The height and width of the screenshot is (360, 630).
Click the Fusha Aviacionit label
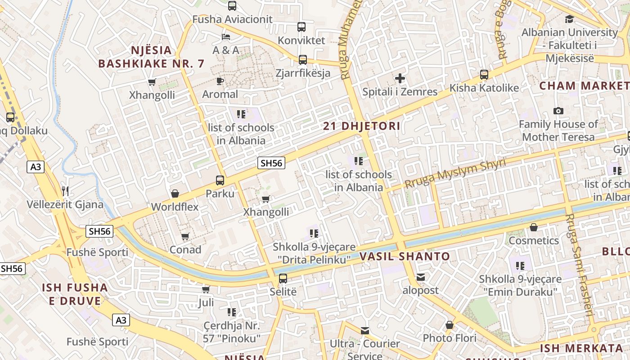point(232,19)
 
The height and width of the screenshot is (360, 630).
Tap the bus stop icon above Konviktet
point(301,27)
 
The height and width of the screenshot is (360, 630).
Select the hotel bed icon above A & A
point(226,37)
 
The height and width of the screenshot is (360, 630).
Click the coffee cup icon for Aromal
point(220,81)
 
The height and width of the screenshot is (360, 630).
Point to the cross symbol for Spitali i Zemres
point(400,79)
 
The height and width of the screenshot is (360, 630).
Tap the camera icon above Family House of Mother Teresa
point(558,111)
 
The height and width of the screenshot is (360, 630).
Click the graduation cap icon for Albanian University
point(569,19)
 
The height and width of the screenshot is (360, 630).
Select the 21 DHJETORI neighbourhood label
point(361,126)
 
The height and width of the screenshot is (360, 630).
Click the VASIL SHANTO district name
point(405,256)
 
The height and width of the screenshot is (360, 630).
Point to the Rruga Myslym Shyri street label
point(455,174)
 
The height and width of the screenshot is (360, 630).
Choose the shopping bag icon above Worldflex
point(175,193)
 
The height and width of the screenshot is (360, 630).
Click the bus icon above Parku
point(220,180)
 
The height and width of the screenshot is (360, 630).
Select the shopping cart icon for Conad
point(185,236)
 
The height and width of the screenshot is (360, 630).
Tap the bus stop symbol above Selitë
point(283,278)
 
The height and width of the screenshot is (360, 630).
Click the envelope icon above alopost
point(420,277)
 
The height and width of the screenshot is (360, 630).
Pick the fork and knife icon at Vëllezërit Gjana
point(65,191)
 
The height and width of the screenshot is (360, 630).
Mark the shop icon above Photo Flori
point(449,325)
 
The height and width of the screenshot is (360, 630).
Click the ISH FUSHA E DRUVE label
point(75,294)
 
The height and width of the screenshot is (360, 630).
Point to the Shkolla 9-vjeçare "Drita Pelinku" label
point(314,253)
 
